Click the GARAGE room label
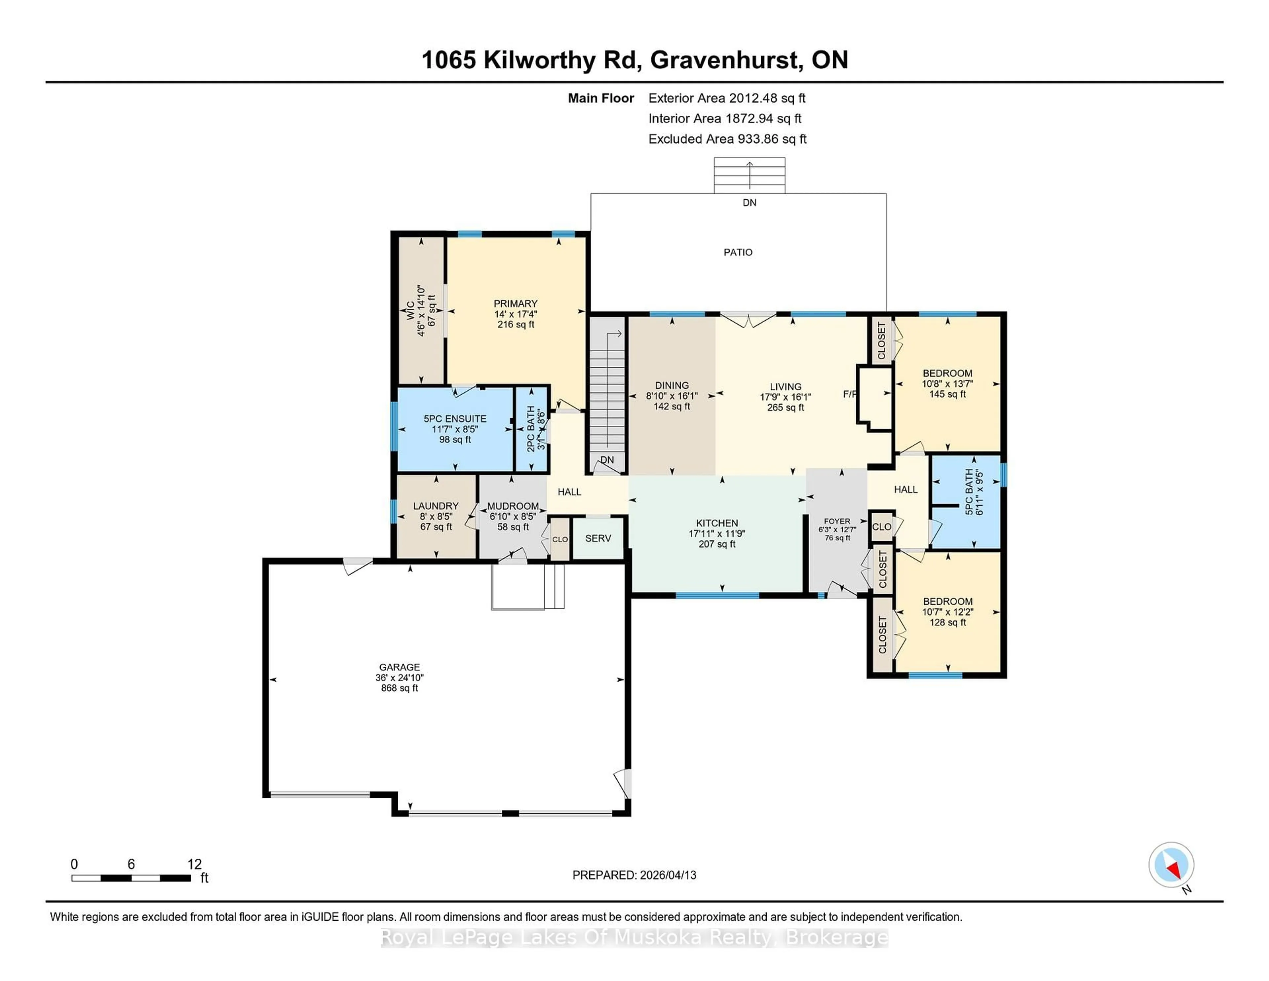[399, 667]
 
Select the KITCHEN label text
[717, 523]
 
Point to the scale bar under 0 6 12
[131, 878]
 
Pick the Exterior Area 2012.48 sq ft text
[727, 98]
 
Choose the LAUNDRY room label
[436, 506]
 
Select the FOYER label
[837, 521]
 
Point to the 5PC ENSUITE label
[455, 418]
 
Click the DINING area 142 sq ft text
[672, 406]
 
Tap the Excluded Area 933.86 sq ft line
[727, 139]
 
